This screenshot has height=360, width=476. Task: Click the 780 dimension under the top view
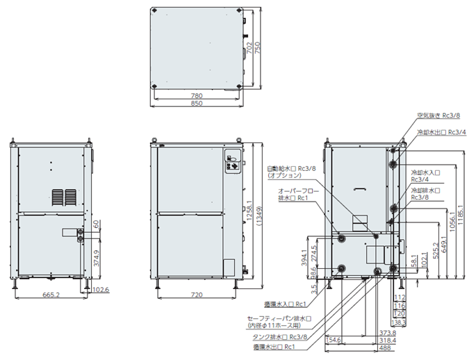(197, 95)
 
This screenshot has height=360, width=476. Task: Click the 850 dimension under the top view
(197, 104)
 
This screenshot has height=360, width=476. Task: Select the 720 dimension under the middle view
(197, 295)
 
